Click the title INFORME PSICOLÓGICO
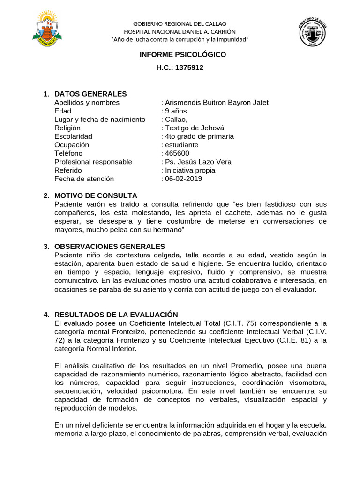click(x=183, y=55)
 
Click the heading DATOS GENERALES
click(x=90, y=94)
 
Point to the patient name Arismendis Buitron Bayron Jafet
click(x=216, y=103)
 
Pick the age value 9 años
click(x=175, y=111)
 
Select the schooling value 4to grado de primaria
click(x=199, y=136)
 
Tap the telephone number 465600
click(x=176, y=153)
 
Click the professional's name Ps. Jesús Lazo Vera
click(x=197, y=162)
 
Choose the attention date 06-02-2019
click(x=183, y=179)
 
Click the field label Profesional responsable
click(x=93, y=162)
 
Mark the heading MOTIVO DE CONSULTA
click(x=96, y=195)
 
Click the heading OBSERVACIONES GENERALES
click(x=110, y=246)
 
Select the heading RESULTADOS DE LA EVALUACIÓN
click(x=116, y=315)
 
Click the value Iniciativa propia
click(x=189, y=170)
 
